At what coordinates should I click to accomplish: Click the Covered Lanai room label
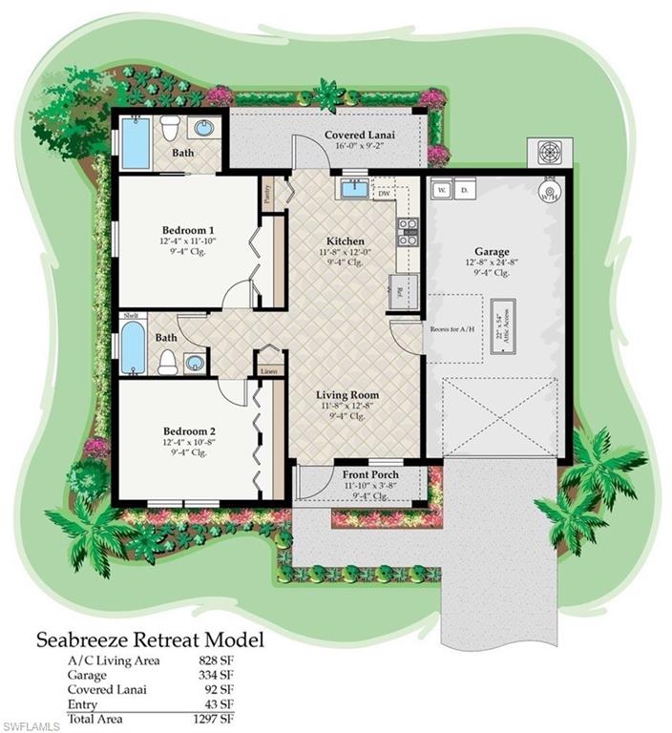[359, 136]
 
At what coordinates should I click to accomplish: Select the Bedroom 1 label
[185, 229]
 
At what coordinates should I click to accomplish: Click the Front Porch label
[370, 473]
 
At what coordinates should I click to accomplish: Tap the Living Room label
[347, 394]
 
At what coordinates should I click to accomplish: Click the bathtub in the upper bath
[136, 143]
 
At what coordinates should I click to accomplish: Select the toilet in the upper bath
[170, 127]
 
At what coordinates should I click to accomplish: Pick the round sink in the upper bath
[204, 127]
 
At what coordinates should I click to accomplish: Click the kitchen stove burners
[408, 232]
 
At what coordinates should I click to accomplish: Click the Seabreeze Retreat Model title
[150, 638]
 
